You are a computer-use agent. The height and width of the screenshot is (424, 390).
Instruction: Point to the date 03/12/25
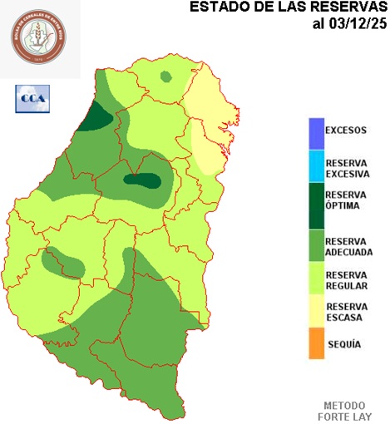pyautogui.click(x=348, y=23)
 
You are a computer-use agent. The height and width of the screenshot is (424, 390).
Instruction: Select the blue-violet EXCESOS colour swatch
pyautogui.click(x=315, y=131)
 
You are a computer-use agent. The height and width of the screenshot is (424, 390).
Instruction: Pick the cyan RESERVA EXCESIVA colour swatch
pyautogui.click(x=315, y=167)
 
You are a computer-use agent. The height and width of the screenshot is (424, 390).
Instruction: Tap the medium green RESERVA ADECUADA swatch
pyautogui.click(x=315, y=246)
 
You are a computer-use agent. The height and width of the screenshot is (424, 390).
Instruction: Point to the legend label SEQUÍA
pyautogui.click(x=344, y=343)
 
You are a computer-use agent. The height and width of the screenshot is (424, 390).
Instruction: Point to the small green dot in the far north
pyautogui.click(x=167, y=77)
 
